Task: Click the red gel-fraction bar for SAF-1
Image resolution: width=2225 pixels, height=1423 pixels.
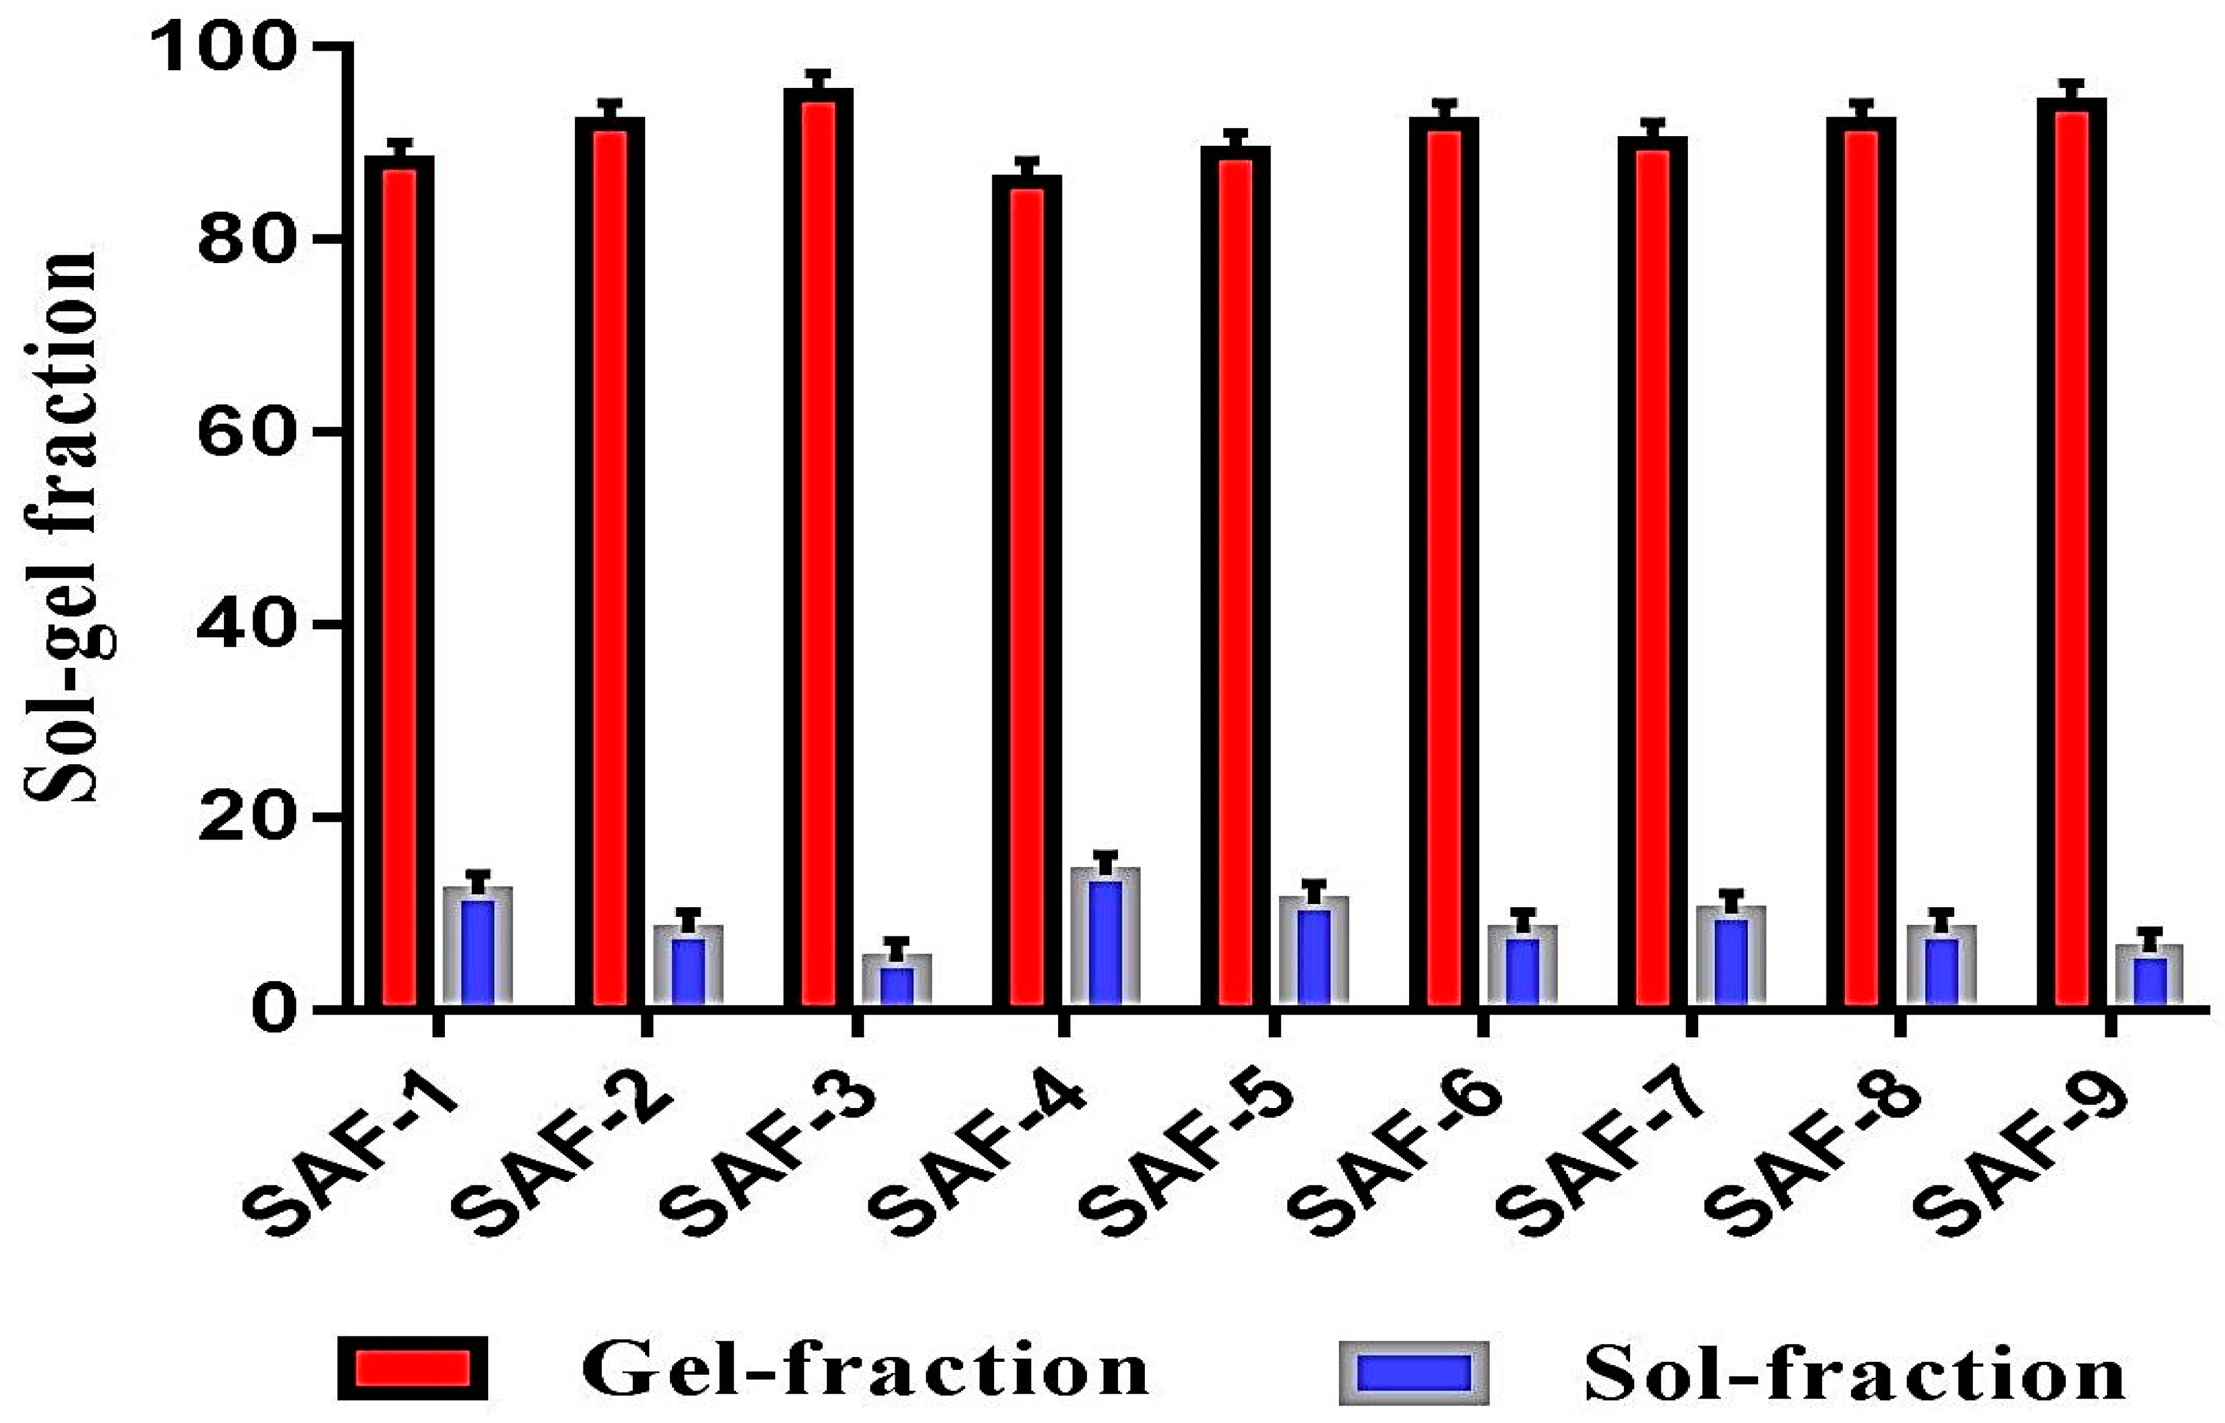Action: pos(399,582)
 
